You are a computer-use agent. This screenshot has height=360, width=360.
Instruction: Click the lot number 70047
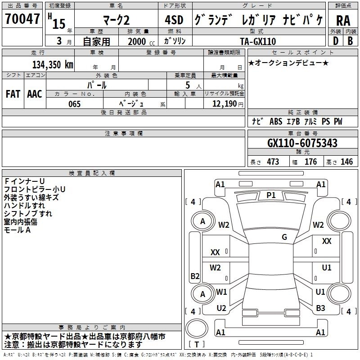click(22, 18)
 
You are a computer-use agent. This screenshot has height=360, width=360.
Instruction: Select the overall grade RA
click(343, 21)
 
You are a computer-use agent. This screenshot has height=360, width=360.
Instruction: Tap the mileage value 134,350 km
click(53, 64)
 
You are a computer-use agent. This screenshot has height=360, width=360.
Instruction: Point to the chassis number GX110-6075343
click(302, 143)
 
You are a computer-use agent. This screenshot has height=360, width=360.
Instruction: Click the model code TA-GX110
click(258, 41)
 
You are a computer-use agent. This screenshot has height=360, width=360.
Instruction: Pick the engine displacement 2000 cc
click(141, 41)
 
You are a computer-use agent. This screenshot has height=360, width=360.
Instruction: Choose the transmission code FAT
click(13, 94)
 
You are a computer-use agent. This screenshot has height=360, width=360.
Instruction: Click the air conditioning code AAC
click(35, 94)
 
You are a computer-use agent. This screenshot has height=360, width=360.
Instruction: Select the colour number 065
click(74, 104)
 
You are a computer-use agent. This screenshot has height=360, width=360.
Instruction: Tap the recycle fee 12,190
click(225, 104)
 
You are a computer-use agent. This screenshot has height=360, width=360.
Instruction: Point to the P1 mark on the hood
click(271, 195)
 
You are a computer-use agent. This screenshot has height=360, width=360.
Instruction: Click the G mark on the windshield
click(284, 237)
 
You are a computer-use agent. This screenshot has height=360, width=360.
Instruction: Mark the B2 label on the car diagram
click(195, 276)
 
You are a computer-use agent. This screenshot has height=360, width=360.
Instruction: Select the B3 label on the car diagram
click(320, 308)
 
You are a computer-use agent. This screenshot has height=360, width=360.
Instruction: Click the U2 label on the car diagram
click(221, 308)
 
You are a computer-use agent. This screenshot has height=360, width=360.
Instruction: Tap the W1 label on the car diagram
click(221, 292)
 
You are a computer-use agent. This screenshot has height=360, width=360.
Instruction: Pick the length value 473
click(273, 162)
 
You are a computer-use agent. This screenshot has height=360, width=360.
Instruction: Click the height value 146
click(346, 162)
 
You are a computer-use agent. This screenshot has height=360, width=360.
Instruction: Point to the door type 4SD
click(174, 20)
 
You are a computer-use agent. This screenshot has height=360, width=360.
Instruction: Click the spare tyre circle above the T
click(197, 329)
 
